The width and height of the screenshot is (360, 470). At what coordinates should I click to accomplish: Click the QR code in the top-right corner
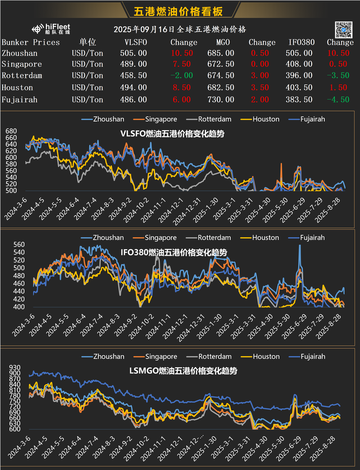click(343, 30)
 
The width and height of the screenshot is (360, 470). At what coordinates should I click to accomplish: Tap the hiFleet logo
click(51, 29)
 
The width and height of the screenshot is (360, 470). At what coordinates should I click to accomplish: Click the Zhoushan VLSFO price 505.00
click(133, 54)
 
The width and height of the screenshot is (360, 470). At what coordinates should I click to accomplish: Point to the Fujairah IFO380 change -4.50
click(338, 100)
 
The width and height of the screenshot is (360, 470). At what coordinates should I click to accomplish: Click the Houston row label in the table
click(17, 88)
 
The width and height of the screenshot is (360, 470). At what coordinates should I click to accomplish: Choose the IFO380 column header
click(301, 42)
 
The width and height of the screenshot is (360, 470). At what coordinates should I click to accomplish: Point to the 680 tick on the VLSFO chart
click(10, 131)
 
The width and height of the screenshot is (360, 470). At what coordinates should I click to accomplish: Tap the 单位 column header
click(87, 42)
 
